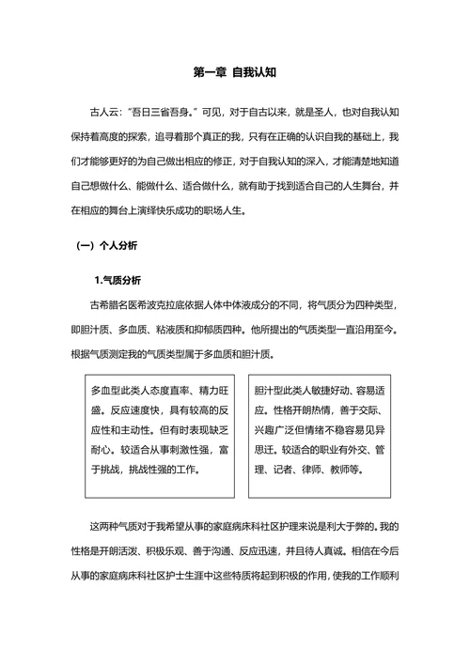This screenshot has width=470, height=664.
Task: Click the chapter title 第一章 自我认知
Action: click(x=234, y=71)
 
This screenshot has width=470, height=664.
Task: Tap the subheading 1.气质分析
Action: click(x=117, y=280)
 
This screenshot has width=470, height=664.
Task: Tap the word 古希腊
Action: click(x=105, y=306)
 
